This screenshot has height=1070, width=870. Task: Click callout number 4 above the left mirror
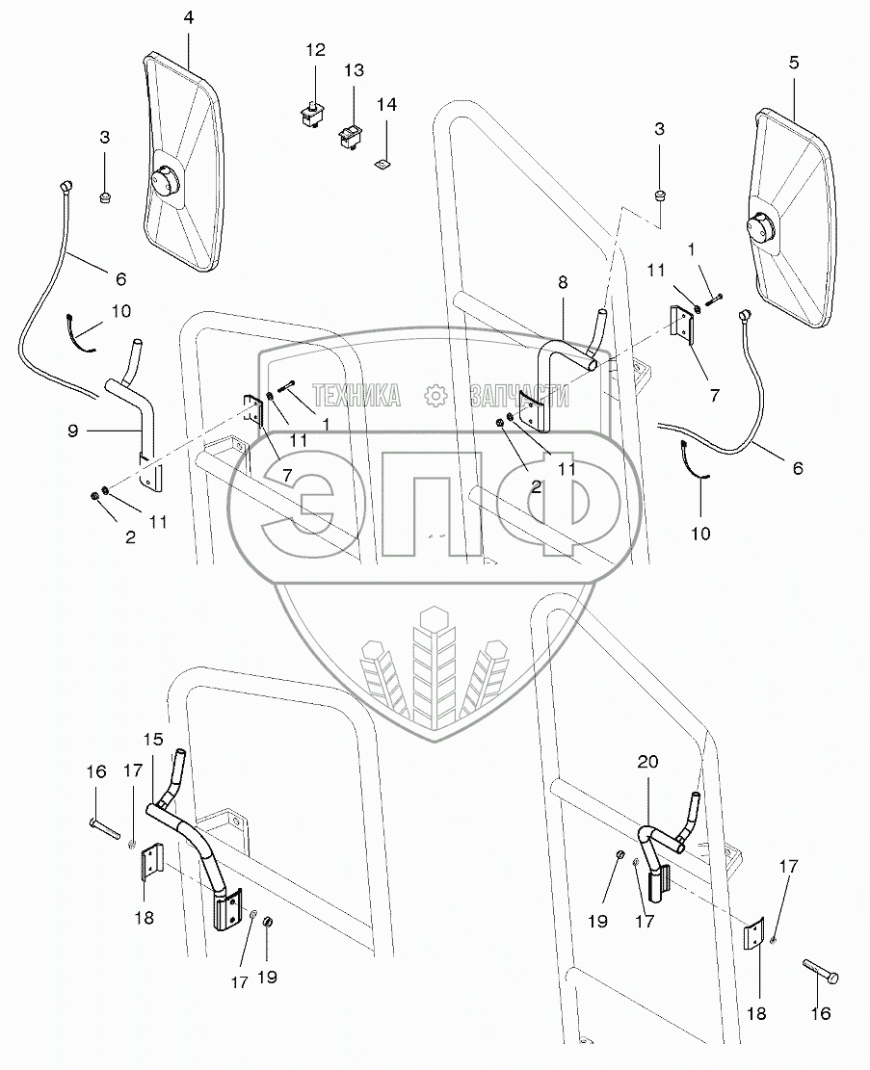189,17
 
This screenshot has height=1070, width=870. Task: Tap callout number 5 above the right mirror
793,62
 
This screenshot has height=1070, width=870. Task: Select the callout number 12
315,50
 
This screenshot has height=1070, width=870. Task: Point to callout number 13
354,70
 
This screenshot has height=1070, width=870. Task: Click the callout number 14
386,104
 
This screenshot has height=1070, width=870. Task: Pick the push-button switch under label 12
313,114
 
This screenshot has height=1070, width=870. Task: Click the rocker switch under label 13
352,135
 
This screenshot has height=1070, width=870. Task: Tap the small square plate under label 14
384,163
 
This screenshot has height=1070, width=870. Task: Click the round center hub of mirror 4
166,182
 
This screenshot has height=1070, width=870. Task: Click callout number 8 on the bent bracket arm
563,282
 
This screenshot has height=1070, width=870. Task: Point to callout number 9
73,431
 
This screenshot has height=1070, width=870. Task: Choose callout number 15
153,739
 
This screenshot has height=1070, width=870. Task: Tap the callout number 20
648,761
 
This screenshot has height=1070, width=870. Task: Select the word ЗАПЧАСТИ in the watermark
519,395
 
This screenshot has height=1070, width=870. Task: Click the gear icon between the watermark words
435,395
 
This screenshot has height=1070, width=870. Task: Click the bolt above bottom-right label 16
819,971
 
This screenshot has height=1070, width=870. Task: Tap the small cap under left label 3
104,197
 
